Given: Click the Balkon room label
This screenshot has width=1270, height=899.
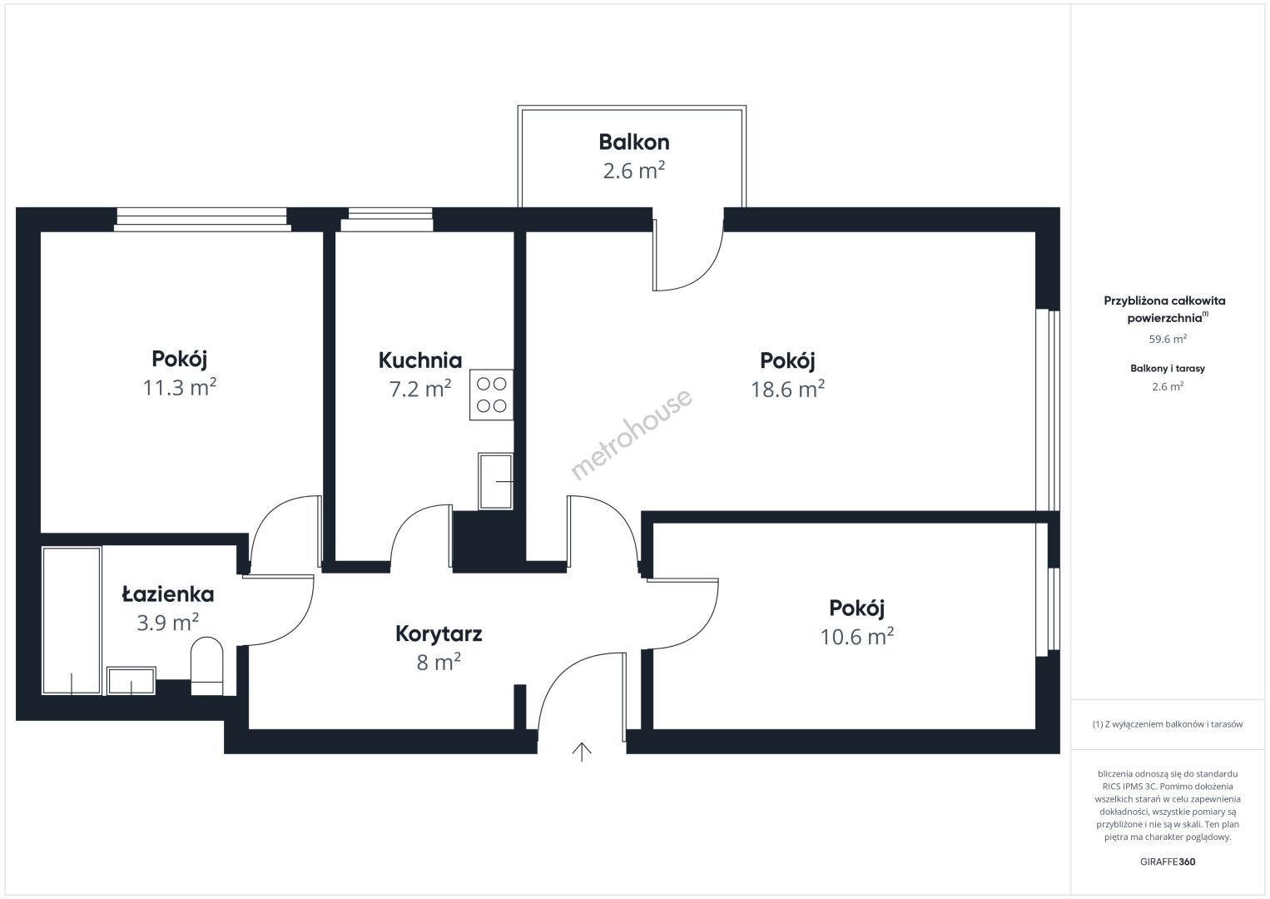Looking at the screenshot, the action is pyautogui.click(x=634, y=142).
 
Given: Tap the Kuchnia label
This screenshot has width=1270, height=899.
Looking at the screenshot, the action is pyautogui.click(x=420, y=360).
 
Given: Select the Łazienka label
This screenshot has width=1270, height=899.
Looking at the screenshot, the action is pyautogui.click(x=168, y=594).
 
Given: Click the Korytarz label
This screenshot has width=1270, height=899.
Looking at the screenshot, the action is pyautogui.click(x=439, y=634).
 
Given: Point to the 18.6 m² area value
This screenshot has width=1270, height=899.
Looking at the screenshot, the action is pyautogui.click(x=787, y=389).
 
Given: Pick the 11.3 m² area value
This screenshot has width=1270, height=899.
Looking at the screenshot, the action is pyautogui.click(x=179, y=387).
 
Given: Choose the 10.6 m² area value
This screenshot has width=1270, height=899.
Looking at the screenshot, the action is pyautogui.click(x=856, y=637).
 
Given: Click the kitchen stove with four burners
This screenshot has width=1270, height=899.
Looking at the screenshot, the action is pyautogui.click(x=492, y=395).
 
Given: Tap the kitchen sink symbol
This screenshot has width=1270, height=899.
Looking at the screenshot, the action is pyautogui.click(x=495, y=481).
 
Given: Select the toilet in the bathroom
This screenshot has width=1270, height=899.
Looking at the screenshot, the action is pyautogui.click(x=207, y=666).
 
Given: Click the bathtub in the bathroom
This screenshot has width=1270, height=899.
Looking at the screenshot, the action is pyautogui.click(x=72, y=620).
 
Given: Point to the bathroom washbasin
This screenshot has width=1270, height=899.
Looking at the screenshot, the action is pyautogui.click(x=131, y=681).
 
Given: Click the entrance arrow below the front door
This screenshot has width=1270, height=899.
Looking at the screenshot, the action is pyautogui.click(x=582, y=752).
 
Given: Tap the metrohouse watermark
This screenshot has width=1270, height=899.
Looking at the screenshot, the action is pyautogui.click(x=631, y=434).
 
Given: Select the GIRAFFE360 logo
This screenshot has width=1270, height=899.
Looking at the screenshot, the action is pyautogui.click(x=1168, y=862).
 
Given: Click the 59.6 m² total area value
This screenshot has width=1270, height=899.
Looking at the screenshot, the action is pyautogui.click(x=1168, y=339).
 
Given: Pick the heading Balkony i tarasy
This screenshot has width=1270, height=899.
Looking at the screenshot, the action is pyautogui.click(x=1168, y=368).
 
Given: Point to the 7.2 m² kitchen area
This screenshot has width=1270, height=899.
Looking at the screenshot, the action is pyautogui.click(x=420, y=389).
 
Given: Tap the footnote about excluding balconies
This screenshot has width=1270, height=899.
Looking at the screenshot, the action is pyautogui.click(x=1168, y=724).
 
